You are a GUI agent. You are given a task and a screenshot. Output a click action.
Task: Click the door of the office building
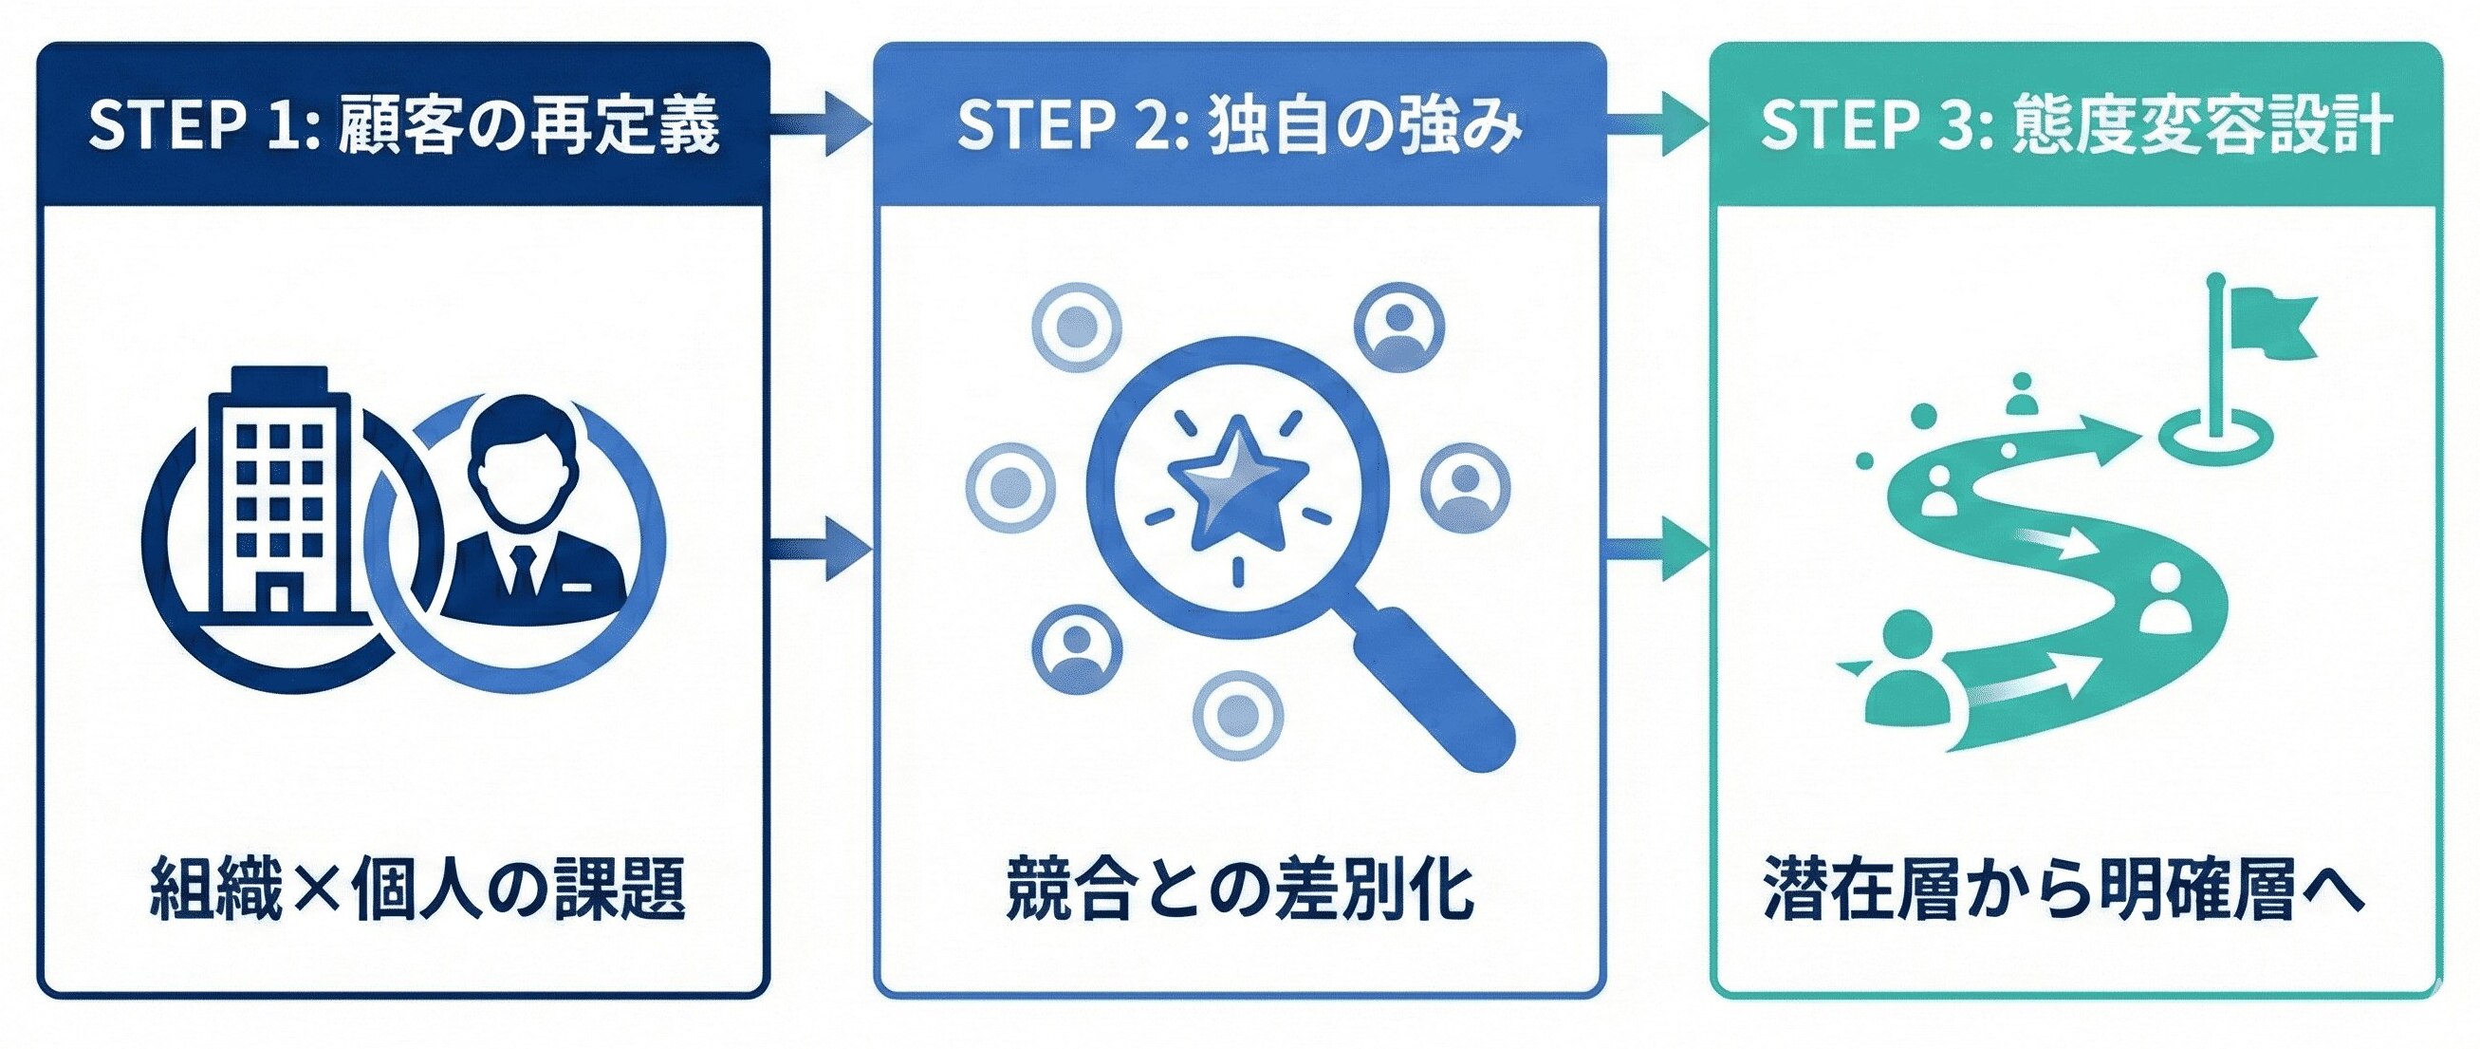click(x=279, y=598)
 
